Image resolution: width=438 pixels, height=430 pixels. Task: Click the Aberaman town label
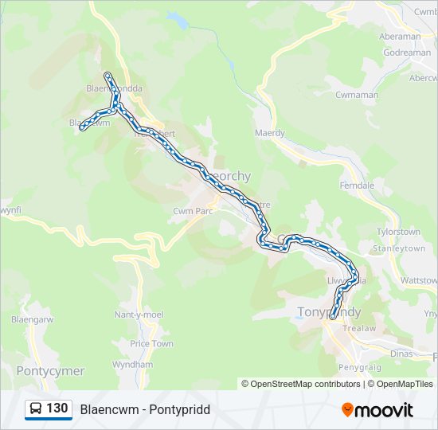tap(400, 37)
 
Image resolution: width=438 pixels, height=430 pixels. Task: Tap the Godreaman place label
tap(407, 53)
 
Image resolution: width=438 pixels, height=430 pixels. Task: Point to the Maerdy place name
tap(269, 133)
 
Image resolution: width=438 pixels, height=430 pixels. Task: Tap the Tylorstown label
tap(397, 232)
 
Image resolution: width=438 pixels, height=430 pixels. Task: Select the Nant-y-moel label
tap(139, 315)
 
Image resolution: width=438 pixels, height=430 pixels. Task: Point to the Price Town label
tap(151, 344)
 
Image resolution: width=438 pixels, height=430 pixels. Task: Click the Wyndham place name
tap(132, 364)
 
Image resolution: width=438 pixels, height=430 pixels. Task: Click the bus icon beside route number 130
tap(36, 408)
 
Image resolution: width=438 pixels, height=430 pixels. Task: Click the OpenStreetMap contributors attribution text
tap(305, 384)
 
